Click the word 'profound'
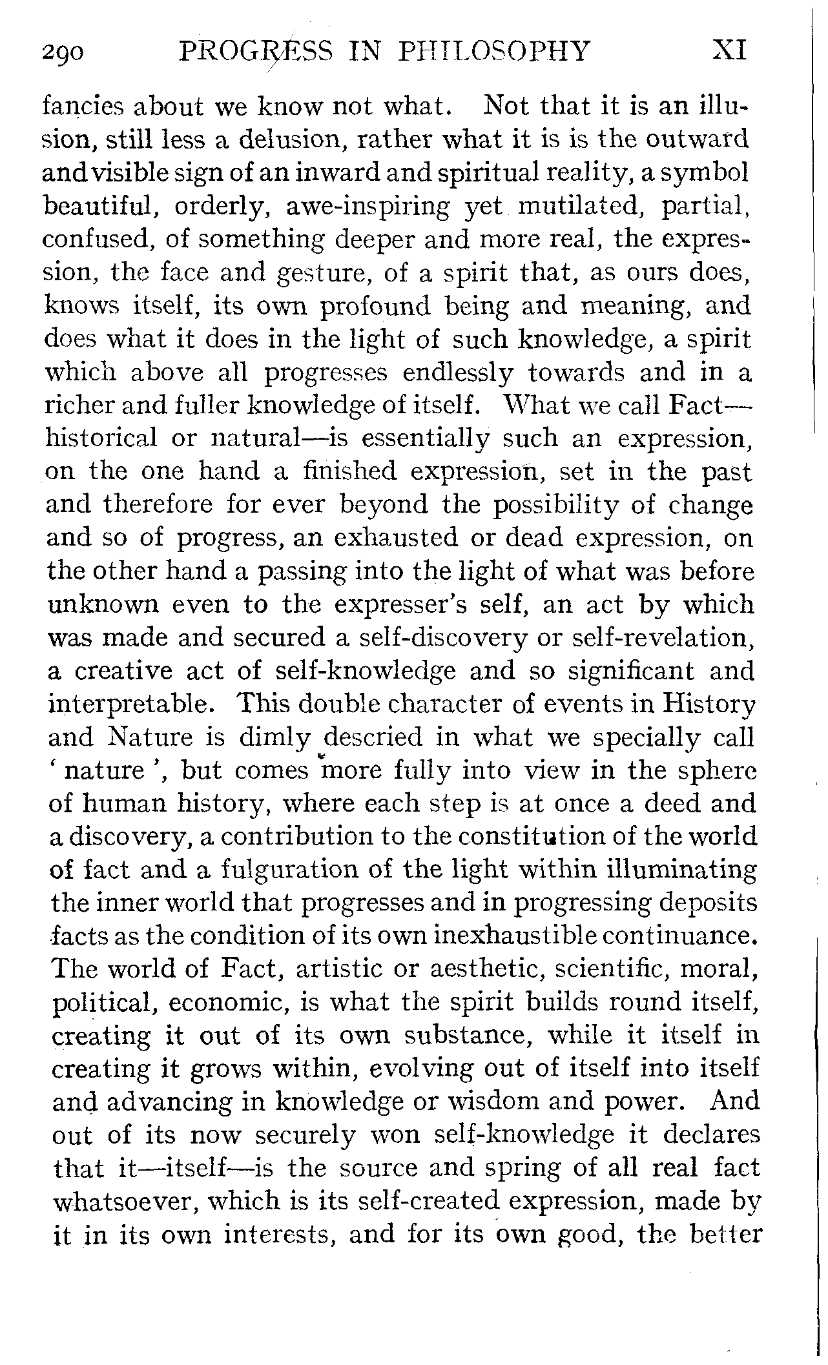[375, 306]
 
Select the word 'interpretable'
[129, 704]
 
